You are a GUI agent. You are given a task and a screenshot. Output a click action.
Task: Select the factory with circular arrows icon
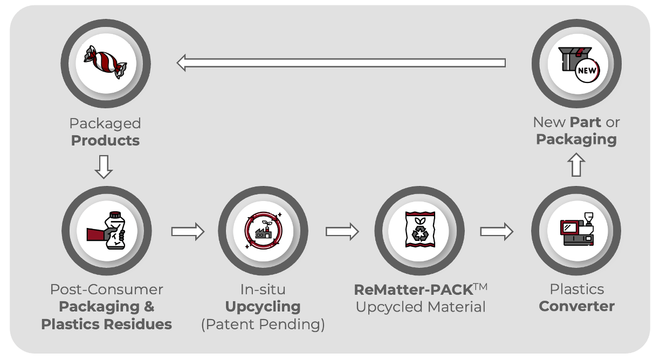(263, 231)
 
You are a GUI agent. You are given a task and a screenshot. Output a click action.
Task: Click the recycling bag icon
(419, 231)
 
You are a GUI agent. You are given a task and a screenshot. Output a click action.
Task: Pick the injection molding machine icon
(576, 231)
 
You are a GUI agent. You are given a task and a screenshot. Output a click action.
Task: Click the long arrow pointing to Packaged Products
(341, 63)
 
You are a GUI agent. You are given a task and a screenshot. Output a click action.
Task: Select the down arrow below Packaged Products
(104, 167)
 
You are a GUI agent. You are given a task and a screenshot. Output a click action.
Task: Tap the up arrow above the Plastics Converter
(576, 164)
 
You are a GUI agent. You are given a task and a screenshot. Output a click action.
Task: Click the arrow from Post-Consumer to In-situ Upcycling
(188, 232)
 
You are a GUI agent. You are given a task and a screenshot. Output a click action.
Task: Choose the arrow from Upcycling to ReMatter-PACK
(342, 232)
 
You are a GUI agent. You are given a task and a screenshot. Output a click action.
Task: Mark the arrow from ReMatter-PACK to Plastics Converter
(497, 232)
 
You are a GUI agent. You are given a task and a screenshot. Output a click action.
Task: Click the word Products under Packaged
(105, 141)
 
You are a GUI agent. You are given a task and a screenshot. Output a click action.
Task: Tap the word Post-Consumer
(106, 289)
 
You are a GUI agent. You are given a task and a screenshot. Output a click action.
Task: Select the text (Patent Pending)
(263, 325)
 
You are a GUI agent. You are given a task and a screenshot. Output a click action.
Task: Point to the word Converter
(576, 306)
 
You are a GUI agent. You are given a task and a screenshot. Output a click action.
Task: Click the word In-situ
(263, 289)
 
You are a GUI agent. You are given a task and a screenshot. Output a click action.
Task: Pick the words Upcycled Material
(421, 307)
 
